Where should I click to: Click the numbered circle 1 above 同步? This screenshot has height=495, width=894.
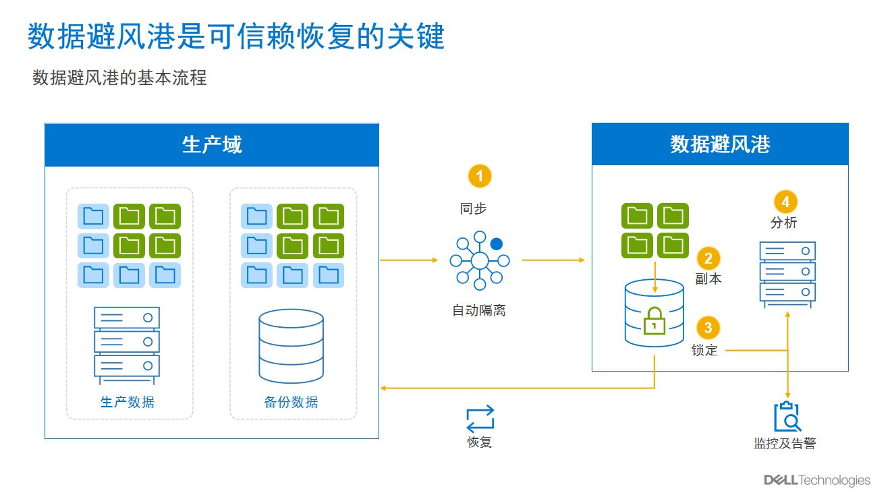point(479,176)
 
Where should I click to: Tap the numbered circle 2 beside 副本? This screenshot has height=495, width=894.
point(708,258)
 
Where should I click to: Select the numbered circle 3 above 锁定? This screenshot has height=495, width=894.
point(708,328)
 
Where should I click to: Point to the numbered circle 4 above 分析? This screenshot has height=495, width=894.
point(785,202)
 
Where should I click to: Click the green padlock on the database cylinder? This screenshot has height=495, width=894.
point(654,321)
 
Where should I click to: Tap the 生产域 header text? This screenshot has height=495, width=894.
point(212,144)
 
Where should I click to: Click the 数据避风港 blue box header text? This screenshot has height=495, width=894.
point(720,144)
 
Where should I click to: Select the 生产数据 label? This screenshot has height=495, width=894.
point(128,402)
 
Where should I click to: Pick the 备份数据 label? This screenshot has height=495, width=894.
point(291,402)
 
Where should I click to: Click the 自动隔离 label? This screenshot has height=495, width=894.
point(479,310)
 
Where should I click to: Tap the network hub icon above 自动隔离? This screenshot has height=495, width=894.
point(480,260)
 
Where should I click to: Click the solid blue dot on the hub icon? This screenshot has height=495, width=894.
point(497,243)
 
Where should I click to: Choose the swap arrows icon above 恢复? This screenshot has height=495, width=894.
point(480,419)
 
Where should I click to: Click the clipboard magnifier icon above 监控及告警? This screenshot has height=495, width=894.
point(787,417)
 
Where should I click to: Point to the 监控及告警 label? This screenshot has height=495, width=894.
point(785,443)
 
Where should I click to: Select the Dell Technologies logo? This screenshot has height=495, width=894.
point(817,480)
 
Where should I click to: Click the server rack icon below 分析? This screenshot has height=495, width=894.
point(787,274)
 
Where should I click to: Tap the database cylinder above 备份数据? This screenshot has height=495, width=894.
point(291,346)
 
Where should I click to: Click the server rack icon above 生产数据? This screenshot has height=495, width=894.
point(127,345)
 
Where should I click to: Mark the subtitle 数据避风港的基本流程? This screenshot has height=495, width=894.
point(119,78)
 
